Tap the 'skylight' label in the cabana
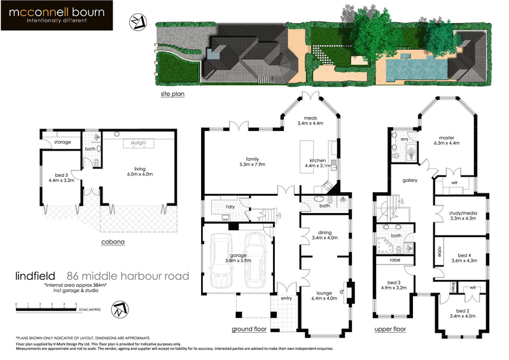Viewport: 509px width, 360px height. (138, 144)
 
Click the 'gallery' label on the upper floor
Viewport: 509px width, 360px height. (409, 181)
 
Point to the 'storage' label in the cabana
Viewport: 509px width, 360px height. (62, 142)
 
